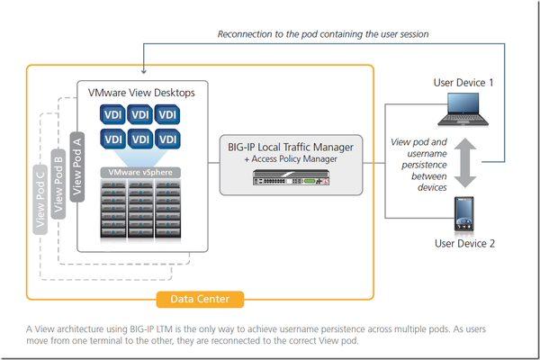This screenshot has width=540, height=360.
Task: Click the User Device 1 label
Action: [x=463, y=82]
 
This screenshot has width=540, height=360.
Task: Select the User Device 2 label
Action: [x=464, y=242]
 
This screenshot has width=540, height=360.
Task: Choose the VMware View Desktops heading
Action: [x=140, y=92]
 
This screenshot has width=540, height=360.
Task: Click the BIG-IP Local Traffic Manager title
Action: [x=292, y=146]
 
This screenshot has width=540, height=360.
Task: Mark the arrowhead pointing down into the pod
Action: [x=143, y=72]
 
